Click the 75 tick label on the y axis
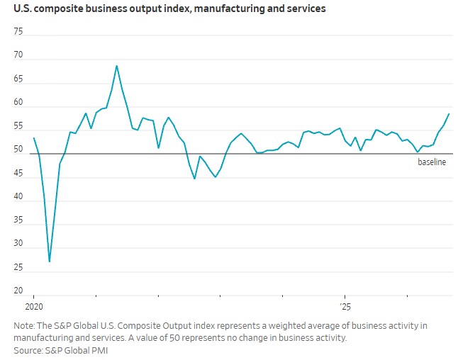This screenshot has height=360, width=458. click(x=18, y=31)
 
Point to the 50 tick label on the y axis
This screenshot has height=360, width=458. click(x=18, y=149)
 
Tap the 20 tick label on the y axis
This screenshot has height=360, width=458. click(x=18, y=291)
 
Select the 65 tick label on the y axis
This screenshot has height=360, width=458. click(x=18, y=79)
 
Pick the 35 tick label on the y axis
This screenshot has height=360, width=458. click(x=18, y=220)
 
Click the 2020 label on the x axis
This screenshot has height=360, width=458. click(x=34, y=307)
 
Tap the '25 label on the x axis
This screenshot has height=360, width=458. click(x=345, y=307)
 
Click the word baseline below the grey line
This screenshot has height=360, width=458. click(x=432, y=162)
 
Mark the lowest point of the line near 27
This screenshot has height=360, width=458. click(x=50, y=261)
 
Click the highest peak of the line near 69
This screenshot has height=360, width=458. click(x=116, y=66)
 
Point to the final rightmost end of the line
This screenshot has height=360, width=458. click(x=449, y=114)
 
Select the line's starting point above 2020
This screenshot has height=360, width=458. click(x=34, y=137)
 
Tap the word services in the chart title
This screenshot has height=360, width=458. click(x=306, y=9)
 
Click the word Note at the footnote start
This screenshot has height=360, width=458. click(x=24, y=325)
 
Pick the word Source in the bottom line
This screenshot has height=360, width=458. click(x=28, y=350)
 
